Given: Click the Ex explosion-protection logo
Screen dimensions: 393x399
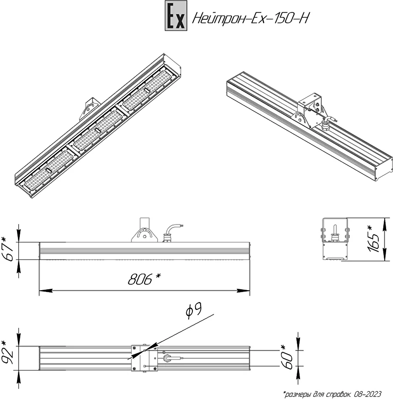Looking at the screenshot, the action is [x=176, y=16].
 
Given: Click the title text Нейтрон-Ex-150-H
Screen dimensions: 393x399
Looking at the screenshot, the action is [x=251, y=18].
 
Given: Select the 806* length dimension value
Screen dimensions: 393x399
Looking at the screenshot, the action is [x=144, y=279].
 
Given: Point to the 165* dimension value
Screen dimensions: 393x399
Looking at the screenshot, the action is [x=374, y=239].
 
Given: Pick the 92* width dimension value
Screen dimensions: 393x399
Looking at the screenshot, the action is [x=7, y=353].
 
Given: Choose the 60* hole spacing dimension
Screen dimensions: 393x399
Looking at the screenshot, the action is [x=287, y=357].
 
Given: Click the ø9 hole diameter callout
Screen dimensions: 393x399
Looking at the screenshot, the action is [x=194, y=310].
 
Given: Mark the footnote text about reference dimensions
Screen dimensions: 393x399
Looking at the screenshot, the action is [x=332, y=394].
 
